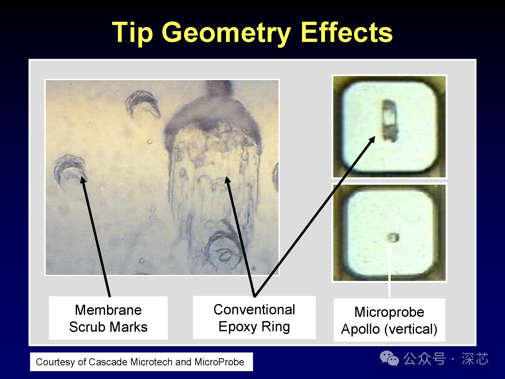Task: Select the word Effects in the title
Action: [x=347, y=32]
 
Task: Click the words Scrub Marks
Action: [x=108, y=327]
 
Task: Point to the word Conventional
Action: [x=254, y=309]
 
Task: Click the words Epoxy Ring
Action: [x=254, y=327]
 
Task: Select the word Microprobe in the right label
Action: [x=389, y=312]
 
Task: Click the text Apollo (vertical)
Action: [x=389, y=329]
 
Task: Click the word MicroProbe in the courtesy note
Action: [x=219, y=362]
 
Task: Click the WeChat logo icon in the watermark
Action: [x=389, y=358]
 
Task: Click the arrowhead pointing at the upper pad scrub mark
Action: [x=372, y=140]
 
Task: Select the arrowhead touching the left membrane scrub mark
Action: [x=83, y=180]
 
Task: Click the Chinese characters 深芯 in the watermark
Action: [x=475, y=359]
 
